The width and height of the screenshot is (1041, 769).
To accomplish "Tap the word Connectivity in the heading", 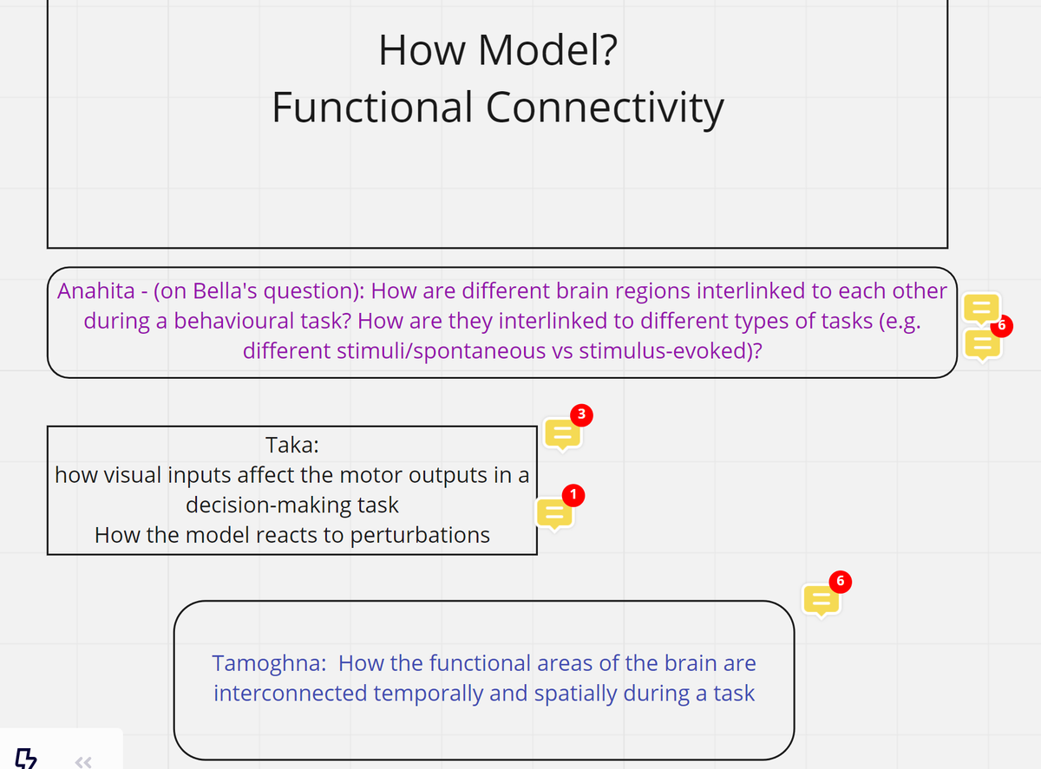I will (605, 108).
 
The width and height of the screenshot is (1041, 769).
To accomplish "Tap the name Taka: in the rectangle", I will (292, 446).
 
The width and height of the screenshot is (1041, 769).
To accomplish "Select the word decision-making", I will (292, 505).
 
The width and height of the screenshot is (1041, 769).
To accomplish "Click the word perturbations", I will (420, 535).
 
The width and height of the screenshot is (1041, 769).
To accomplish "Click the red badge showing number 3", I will (583, 414).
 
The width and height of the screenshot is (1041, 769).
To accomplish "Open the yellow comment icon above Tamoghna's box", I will (820, 599).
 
